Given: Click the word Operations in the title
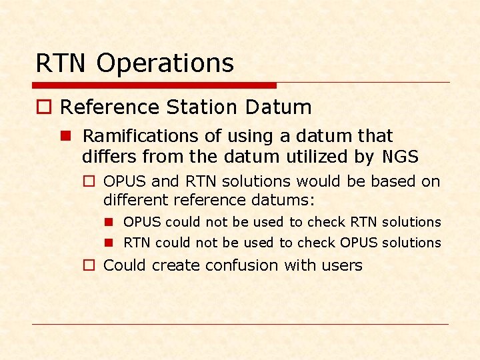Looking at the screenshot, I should (165, 63).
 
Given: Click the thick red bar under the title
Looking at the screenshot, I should (154, 85).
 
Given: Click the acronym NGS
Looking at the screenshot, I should (400, 157).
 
